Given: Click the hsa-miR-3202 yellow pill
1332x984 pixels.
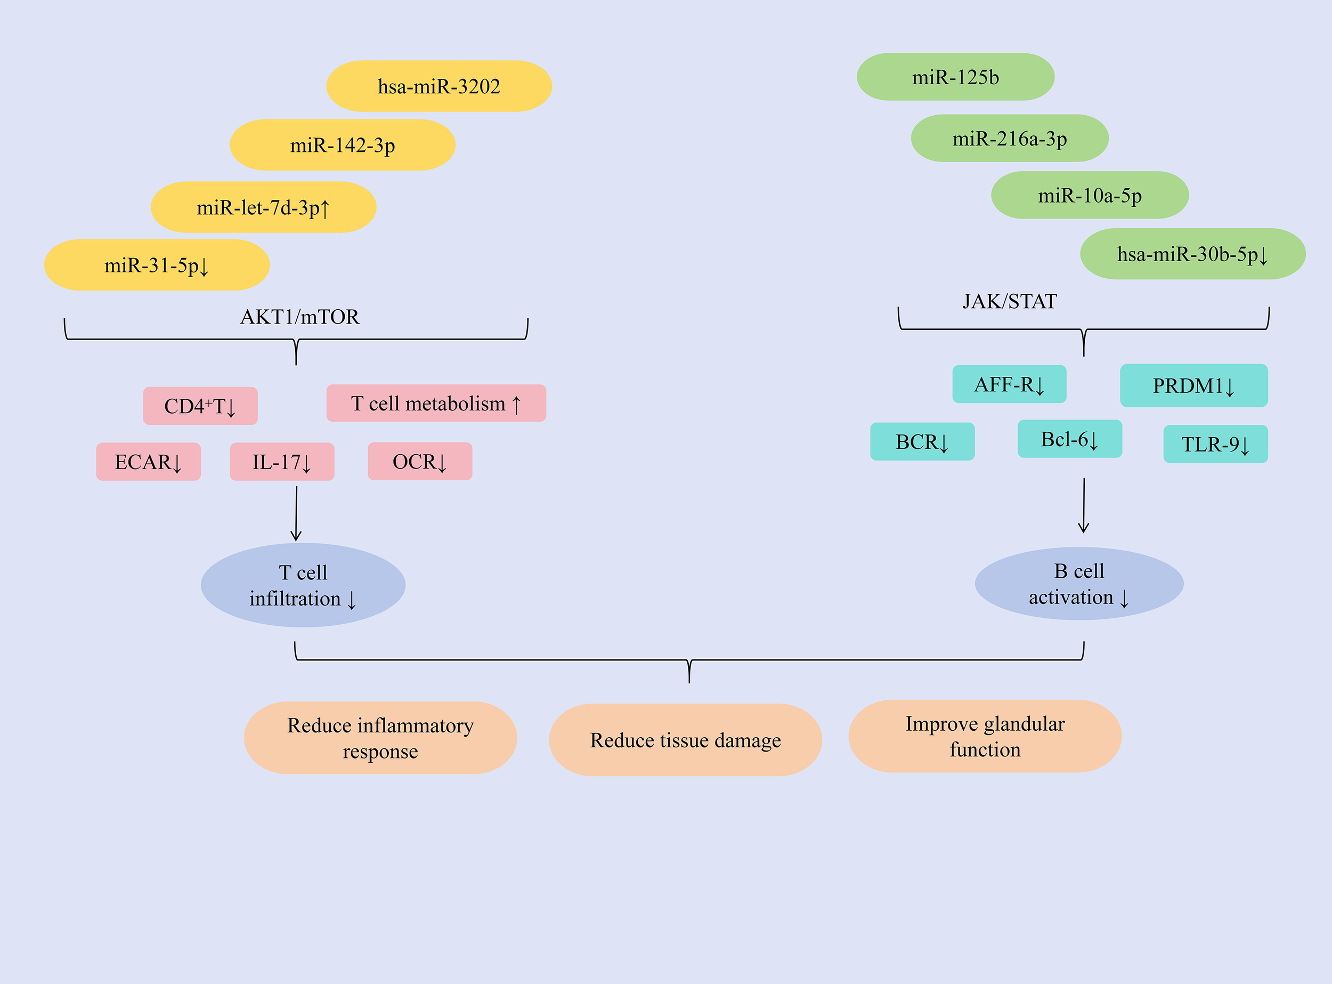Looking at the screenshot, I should (439, 86).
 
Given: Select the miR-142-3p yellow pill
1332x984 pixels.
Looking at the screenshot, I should (343, 146).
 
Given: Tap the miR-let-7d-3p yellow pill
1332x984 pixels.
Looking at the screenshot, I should (263, 207).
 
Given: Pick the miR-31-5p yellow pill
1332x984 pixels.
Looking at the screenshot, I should (157, 265).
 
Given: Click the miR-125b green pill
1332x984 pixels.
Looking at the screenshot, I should (955, 77).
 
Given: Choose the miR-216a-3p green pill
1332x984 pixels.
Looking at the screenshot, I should (1009, 138).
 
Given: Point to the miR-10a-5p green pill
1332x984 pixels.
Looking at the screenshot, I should (1089, 196).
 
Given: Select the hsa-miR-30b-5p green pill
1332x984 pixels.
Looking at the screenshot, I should (1192, 254).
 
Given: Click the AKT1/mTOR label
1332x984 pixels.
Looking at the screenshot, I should (299, 317).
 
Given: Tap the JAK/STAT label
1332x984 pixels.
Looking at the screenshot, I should (1009, 301).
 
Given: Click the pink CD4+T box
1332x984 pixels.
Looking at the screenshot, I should (200, 406).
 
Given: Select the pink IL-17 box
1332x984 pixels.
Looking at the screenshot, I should (282, 462).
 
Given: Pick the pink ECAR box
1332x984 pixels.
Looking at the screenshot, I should (148, 462).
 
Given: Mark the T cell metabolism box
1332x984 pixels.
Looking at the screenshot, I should (436, 404).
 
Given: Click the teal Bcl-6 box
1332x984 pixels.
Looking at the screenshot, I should (1069, 439).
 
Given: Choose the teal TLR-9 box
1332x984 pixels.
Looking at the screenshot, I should (1215, 443).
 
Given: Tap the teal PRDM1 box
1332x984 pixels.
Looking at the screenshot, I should (1193, 386).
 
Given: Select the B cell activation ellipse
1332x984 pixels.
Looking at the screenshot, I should (1078, 584).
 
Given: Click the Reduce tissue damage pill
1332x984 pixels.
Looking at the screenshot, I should (685, 740).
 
